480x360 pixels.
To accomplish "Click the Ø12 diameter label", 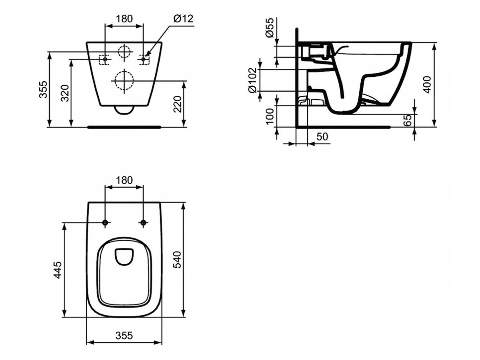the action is [184, 18].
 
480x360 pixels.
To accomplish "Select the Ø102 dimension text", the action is [252, 80].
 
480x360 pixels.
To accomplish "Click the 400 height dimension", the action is [427, 84].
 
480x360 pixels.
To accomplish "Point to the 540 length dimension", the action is [177, 260].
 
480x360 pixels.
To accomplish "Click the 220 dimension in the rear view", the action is [178, 104].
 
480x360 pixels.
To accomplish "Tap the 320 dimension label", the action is [65, 93].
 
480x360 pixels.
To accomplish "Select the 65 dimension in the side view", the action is [407, 120].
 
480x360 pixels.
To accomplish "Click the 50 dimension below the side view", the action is [322, 137].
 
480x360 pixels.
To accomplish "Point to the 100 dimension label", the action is [270, 116].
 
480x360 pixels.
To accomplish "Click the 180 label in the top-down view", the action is [124, 180].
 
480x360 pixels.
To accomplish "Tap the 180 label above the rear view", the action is [124, 19].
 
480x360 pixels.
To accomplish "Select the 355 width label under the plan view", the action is [124, 336].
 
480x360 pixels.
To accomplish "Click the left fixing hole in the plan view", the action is [105, 222].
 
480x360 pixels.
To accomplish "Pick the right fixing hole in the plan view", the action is [143, 222].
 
